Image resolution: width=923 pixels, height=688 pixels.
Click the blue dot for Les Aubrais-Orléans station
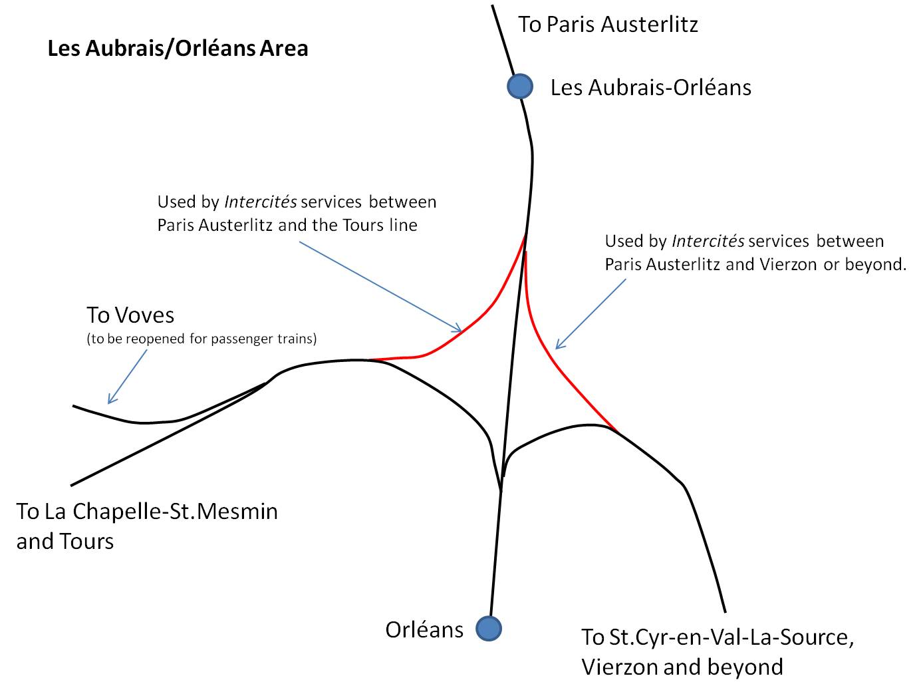(x=520, y=86)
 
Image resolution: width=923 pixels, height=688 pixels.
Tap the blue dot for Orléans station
(x=489, y=628)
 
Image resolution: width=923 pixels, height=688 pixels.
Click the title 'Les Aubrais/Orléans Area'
(x=178, y=49)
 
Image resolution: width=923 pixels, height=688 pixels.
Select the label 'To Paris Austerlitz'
(x=608, y=24)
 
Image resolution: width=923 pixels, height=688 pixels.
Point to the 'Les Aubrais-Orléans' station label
(x=651, y=87)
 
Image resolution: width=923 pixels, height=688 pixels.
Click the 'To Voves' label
(x=130, y=315)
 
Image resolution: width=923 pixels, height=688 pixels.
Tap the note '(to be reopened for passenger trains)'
(x=201, y=339)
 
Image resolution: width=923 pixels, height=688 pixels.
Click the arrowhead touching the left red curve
(x=458, y=329)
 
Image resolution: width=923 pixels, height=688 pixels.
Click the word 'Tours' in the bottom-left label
(x=87, y=542)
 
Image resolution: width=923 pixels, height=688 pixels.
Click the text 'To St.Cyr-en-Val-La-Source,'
(x=718, y=637)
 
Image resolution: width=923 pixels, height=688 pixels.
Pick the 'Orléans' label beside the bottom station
(x=424, y=629)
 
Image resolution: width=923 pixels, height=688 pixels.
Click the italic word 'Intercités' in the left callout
(x=261, y=202)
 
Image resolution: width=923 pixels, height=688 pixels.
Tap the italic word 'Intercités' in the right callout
(x=708, y=241)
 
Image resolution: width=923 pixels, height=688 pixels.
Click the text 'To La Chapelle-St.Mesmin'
(x=147, y=511)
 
